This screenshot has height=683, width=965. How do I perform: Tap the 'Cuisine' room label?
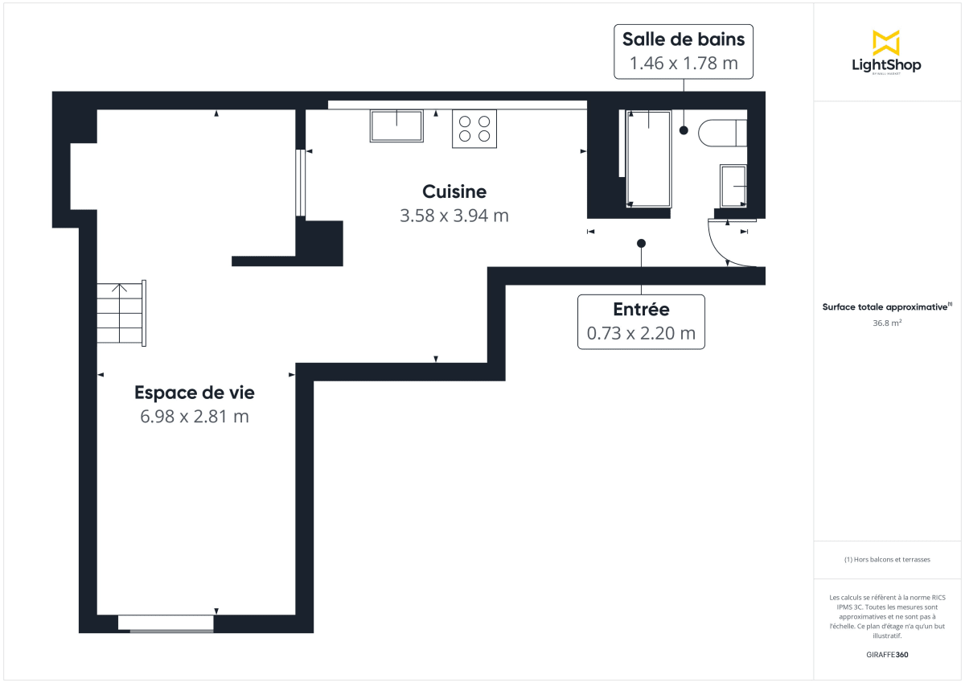[x=454, y=191]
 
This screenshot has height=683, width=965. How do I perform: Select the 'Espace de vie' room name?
[x=194, y=393]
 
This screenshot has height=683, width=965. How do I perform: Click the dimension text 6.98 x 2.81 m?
[x=194, y=417]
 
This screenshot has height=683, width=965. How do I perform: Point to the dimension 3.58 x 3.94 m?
[x=454, y=216]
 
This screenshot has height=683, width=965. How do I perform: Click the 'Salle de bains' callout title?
[x=684, y=39]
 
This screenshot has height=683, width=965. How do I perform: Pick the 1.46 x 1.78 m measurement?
[x=684, y=63]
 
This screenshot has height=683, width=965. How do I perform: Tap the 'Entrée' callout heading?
[x=641, y=309]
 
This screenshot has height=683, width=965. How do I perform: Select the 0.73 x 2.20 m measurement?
[x=641, y=333]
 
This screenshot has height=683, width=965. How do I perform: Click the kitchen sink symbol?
[x=396, y=126]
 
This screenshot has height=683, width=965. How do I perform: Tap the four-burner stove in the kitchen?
[x=474, y=129]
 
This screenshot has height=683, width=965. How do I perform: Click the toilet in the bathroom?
[x=722, y=133]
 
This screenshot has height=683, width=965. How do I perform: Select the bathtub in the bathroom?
[x=648, y=158]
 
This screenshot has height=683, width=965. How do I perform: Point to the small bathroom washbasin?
[x=733, y=186]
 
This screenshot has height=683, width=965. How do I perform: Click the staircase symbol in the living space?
[x=121, y=313]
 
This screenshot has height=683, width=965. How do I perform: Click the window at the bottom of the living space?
[x=166, y=623]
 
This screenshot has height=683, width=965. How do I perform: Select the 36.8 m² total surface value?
[x=887, y=323]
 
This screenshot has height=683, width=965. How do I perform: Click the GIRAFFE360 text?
[x=887, y=655]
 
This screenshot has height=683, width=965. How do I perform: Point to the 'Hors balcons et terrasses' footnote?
[x=887, y=559]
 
